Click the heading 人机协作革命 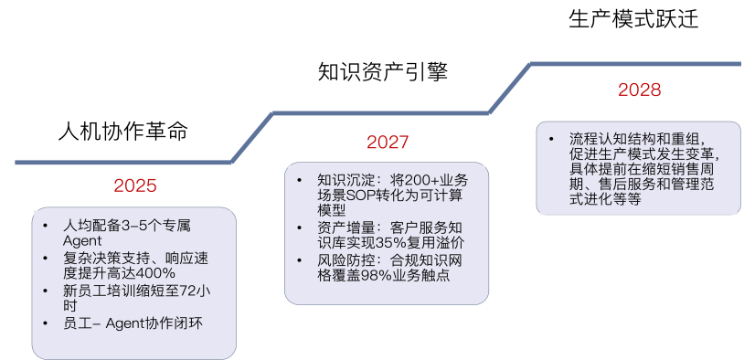[122, 132]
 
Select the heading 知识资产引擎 [383, 72]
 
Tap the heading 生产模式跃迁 [633, 19]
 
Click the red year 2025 [135, 185]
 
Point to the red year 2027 [388, 142]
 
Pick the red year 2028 [640, 90]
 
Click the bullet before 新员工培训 [45, 291]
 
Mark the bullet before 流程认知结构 [551, 139]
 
